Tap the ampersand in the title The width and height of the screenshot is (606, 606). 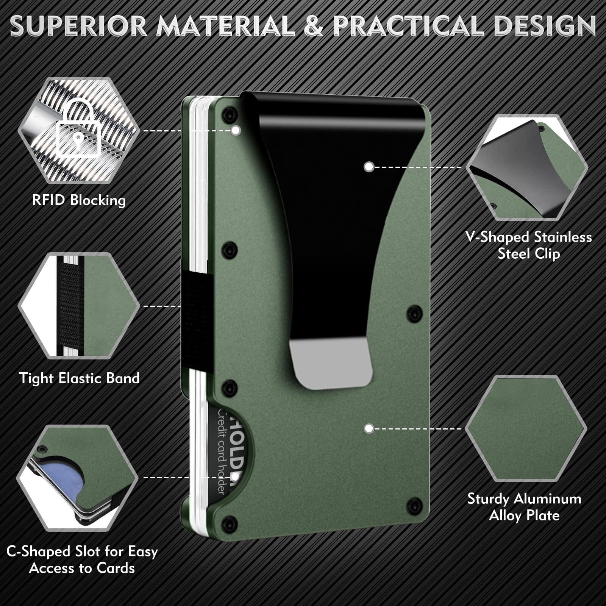(313, 26)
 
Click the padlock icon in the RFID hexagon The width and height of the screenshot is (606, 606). (78, 129)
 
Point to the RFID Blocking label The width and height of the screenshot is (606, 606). (79, 200)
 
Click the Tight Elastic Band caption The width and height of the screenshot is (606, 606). (79, 378)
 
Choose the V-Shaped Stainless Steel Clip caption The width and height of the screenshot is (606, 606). (528, 245)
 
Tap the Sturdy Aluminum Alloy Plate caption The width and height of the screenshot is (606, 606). (524, 507)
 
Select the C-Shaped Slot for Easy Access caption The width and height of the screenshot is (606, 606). (82, 559)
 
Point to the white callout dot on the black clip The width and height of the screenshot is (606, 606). (369, 167)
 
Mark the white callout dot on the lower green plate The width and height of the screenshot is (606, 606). (369, 429)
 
